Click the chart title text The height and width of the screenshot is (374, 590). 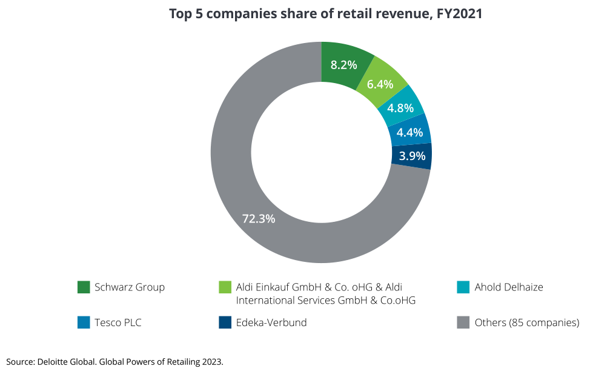click(x=325, y=14)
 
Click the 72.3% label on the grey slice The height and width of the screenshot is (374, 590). click(x=259, y=219)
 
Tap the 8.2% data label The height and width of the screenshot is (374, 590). click(x=343, y=65)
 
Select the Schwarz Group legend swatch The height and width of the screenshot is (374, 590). click(x=84, y=287)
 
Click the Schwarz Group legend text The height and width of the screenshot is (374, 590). click(x=130, y=287)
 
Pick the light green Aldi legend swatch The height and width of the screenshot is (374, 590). click(x=225, y=287)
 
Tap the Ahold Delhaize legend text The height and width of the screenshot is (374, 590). click(x=509, y=287)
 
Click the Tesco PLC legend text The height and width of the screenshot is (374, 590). click(x=118, y=322)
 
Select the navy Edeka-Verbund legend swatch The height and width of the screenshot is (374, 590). click(x=225, y=322)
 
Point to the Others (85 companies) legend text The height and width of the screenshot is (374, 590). click(x=526, y=322)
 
